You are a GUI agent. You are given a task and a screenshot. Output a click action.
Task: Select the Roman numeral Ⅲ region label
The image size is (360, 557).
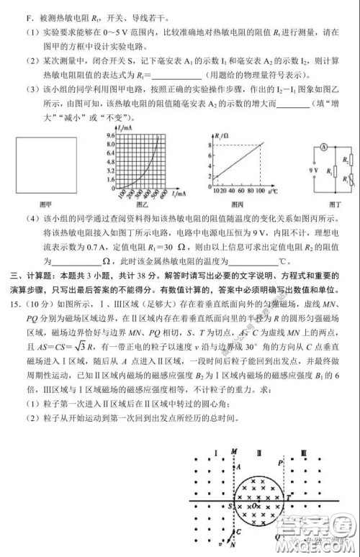(x=304, y=453)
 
